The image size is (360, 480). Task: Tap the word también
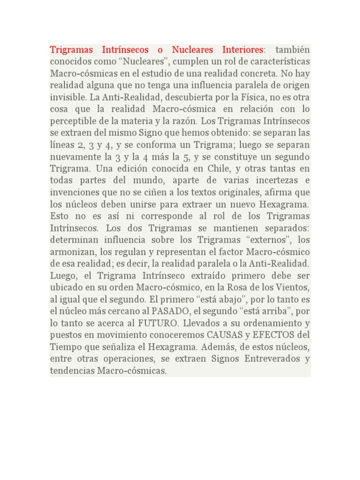(x=292, y=50)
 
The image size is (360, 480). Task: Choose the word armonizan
(x=71, y=252)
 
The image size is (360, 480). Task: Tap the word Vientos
(x=294, y=287)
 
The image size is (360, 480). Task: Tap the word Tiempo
(x=66, y=347)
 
